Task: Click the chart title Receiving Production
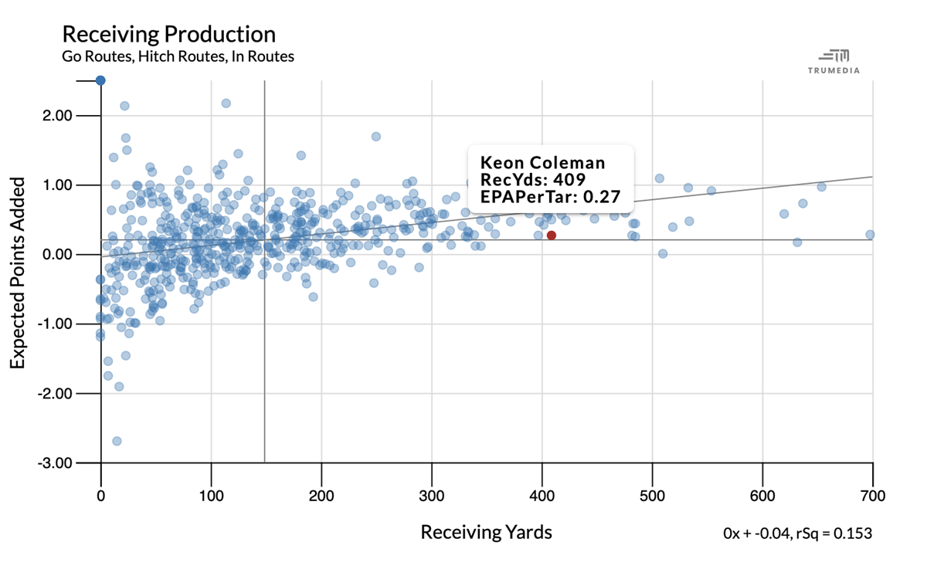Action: coord(168,34)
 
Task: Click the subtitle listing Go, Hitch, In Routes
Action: coord(178,56)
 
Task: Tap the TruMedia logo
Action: coord(834,61)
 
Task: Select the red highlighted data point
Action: coord(551,235)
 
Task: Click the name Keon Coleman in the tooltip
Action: coord(542,163)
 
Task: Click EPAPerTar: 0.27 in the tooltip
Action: coord(550,197)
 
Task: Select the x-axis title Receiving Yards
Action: coord(486,532)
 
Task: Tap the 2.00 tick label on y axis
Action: coord(56,116)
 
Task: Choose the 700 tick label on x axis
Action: coord(873,495)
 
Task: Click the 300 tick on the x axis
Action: coord(432,495)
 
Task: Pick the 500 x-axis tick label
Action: coord(653,495)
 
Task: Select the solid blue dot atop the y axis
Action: coord(100,80)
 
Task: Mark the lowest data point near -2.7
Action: coord(117,441)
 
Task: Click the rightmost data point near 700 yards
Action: coord(870,234)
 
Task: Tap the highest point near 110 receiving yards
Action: coord(226,103)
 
